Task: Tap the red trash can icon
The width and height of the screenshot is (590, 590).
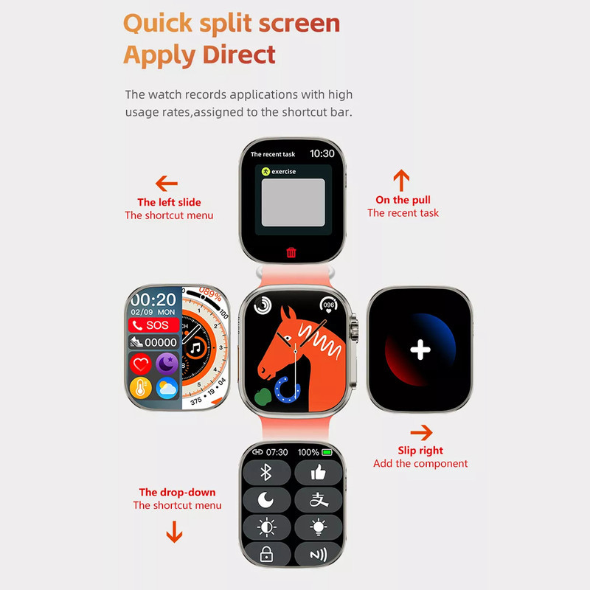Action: click(x=291, y=252)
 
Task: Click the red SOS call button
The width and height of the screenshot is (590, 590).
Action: click(x=154, y=325)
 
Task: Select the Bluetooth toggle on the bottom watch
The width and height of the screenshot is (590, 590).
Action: click(x=266, y=472)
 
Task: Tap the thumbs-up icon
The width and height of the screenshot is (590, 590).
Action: click(x=319, y=472)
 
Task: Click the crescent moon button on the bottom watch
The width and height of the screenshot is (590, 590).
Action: click(x=266, y=500)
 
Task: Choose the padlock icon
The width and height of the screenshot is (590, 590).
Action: click(x=266, y=555)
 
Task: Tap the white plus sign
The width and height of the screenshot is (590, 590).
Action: click(x=420, y=350)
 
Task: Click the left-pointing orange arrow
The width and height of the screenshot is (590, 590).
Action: click(x=167, y=184)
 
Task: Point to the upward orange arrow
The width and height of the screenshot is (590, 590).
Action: click(x=401, y=180)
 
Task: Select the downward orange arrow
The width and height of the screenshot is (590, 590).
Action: click(x=174, y=532)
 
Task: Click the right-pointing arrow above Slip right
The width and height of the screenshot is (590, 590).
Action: click(x=421, y=433)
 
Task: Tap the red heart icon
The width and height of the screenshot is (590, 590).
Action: click(x=141, y=364)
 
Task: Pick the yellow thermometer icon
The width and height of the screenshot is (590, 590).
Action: click(x=141, y=388)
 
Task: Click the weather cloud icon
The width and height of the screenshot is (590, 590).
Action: click(x=167, y=388)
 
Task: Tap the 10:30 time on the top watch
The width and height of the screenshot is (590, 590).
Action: click(x=322, y=153)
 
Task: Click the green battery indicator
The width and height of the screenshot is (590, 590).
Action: click(x=327, y=452)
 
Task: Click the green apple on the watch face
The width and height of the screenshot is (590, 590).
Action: click(x=263, y=397)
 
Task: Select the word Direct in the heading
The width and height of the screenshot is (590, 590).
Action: click(x=239, y=55)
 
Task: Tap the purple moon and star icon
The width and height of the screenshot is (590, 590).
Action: click(x=167, y=364)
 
